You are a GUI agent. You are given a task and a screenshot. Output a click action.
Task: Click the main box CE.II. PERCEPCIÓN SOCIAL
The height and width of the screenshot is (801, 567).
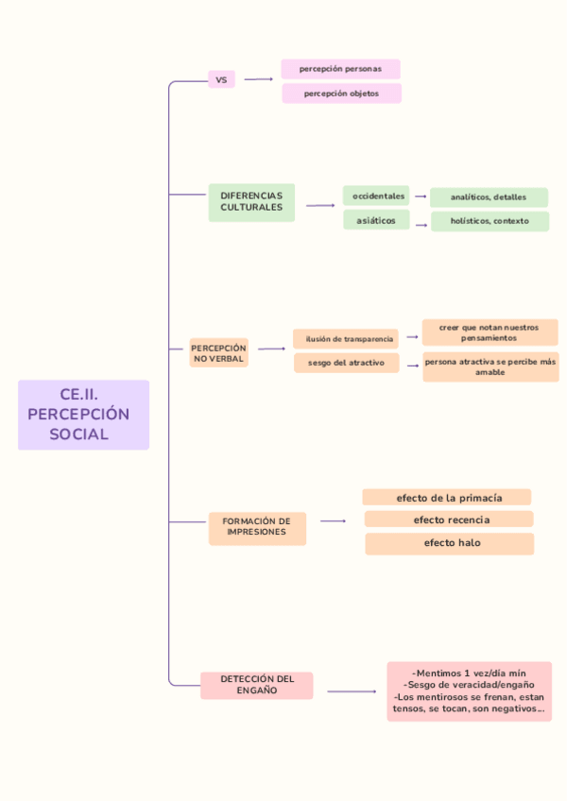(x=83, y=415)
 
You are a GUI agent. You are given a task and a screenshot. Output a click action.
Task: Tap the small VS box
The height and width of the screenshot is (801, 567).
(x=221, y=80)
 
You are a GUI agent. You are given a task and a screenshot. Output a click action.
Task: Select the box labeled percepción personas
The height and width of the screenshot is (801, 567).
(x=340, y=69)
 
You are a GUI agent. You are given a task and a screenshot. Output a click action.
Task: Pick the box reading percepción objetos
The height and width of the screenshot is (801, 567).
(x=341, y=94)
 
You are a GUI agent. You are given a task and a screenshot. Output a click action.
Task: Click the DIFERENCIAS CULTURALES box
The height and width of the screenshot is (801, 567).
(x=251, y=201)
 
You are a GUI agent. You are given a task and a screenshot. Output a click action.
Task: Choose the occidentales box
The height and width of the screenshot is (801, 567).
(x=377, y=196)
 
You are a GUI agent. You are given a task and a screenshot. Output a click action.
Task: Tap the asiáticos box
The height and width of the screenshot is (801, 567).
(x=376, y=220)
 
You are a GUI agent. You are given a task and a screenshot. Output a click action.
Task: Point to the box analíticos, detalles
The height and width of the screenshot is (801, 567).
(x=489, y=197)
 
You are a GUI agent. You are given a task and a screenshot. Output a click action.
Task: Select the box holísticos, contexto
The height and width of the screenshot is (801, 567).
(x=490, y=221)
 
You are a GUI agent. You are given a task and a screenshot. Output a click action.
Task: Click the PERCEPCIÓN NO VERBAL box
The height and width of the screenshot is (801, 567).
(x=218, y=353)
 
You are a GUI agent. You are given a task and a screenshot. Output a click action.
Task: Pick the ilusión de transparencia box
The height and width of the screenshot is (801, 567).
(x=346, y=338)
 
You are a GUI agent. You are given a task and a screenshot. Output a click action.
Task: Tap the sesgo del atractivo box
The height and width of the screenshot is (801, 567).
(x=346, y=363)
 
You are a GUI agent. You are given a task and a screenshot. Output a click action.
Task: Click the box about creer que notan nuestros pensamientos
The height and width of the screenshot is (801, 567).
(x=490, y=332)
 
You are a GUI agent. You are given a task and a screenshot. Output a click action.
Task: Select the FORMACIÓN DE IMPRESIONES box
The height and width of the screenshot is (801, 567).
(x=257, y=527)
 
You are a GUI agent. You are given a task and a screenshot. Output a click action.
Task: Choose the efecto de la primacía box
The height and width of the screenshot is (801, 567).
(x=447, y=497)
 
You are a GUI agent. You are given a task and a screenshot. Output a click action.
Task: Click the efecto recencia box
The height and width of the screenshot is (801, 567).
(x=449, y=520)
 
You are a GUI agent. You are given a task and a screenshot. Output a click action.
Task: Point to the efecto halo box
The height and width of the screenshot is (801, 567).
(x=450, y=543)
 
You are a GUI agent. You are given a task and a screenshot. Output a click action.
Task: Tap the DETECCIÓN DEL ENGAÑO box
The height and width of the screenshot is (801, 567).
(x=256, y=685)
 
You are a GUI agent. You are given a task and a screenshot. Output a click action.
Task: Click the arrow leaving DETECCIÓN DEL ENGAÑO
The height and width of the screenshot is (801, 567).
(x=352, y=692)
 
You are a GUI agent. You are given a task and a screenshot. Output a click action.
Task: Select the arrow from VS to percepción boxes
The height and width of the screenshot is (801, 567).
(x=257, y=80)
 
